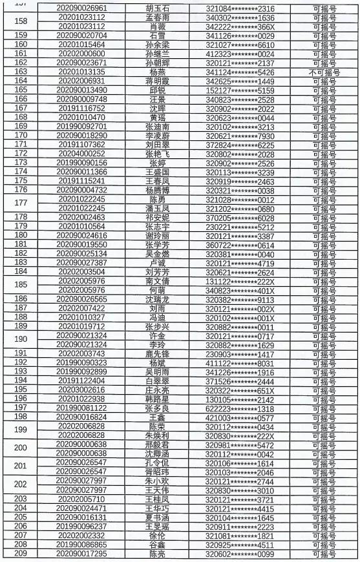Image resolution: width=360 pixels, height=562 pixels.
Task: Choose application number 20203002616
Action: pyautogui.click(x=81, y=390)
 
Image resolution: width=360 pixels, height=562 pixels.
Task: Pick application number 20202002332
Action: pyautogui.click(x=81, y=536)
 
